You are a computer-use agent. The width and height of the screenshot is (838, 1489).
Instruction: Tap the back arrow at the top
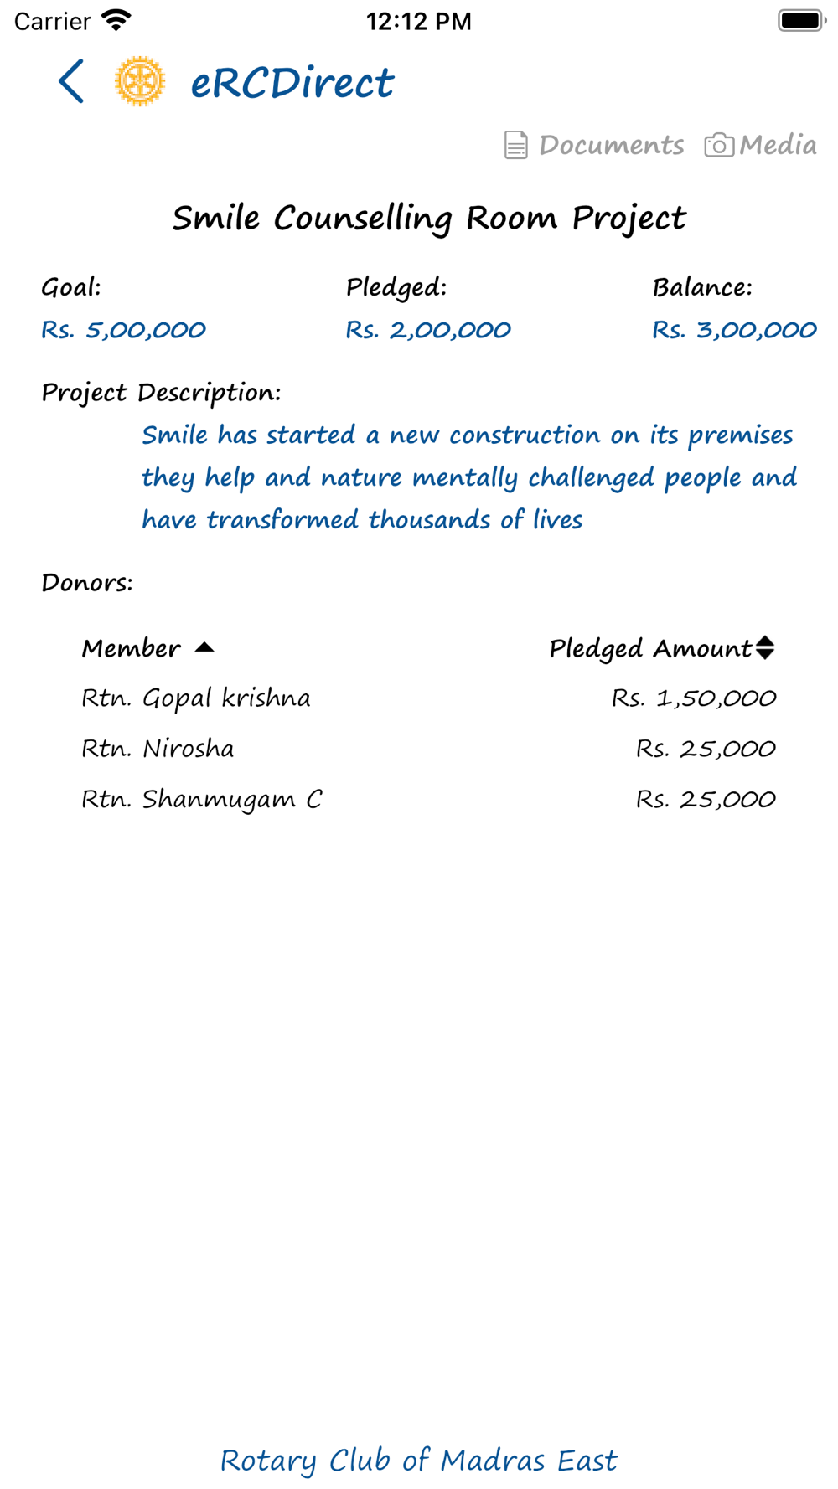point(71,81)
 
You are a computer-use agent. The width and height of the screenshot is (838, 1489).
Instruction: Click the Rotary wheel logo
point(140,81)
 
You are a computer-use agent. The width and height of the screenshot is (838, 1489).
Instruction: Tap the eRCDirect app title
point(292,83)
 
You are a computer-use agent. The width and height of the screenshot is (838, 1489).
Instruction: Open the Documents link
point(611,145)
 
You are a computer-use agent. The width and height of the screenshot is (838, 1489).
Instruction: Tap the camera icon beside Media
point(718,145)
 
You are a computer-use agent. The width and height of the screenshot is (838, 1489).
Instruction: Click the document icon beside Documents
point(515,145)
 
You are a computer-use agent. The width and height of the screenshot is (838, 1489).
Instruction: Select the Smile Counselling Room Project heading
point(429,219)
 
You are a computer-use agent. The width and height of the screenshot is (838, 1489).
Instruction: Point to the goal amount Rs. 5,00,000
point(123,330)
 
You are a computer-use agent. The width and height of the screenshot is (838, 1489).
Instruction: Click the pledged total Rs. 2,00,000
point(428,330)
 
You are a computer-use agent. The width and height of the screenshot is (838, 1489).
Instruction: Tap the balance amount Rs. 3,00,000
point(734,330)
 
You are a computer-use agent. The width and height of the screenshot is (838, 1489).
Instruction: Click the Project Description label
point(161,392)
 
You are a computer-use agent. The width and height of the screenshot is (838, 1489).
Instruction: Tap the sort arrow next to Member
point(204,647)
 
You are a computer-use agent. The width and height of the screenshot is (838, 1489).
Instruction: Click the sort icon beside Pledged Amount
point(765,647)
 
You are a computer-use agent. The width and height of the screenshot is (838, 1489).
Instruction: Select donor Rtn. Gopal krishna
point(195,698)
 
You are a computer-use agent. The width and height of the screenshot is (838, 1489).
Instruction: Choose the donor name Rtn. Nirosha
point(158,749)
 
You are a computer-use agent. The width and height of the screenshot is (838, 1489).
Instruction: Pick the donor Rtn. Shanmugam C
point(201,800)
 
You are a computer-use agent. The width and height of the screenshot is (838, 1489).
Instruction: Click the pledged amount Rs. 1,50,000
point(694,698)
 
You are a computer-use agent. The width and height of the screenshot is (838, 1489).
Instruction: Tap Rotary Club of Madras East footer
point(418,1461)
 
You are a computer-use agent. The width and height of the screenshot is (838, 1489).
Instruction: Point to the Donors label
point(87,583)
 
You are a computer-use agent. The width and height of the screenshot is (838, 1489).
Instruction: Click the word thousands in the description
point(429,520)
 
